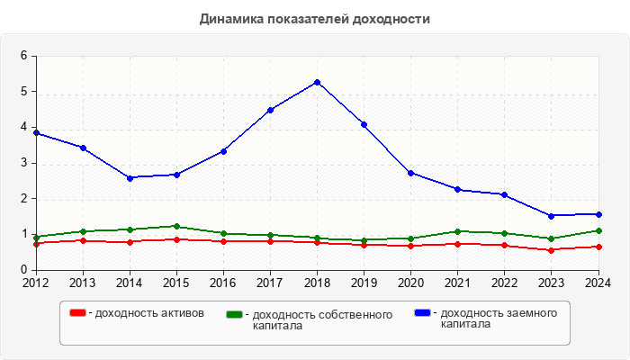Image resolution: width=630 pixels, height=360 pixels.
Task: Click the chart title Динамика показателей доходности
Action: pos(314,19)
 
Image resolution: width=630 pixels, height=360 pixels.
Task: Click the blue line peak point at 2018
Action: pos(317,82)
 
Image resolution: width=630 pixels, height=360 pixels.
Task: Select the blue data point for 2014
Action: pos(130,178)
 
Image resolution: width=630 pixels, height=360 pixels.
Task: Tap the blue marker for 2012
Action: pos(36,132)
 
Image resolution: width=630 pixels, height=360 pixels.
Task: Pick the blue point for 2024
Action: pos(598,214)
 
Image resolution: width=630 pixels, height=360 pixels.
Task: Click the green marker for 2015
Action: pos(176,226)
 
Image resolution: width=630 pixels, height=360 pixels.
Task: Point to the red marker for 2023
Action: pos(551,250)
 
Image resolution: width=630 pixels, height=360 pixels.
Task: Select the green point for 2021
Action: pos(457,231)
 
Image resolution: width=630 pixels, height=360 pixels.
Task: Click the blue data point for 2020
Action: pos(410,173)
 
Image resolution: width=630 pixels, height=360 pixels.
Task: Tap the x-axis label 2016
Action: pos(223,283)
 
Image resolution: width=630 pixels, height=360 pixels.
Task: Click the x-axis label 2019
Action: pos(364,283)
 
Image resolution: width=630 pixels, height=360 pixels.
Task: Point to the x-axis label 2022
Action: pos(504,283)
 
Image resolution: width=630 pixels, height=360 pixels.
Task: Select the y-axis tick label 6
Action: pos(23,56)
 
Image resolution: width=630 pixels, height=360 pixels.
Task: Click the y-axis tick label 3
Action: pos(23,163)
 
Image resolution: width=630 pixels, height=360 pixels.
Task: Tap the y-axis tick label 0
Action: pos(23,270)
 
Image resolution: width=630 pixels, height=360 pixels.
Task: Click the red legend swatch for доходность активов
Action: pos(77,313)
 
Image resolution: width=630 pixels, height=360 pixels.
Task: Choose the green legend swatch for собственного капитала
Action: pos(235,315)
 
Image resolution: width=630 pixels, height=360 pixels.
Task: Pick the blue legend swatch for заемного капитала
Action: pos(422,313)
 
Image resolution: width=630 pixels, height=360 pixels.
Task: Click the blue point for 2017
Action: pos(270,110)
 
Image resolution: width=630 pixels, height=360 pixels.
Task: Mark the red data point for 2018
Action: pos(317,242)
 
